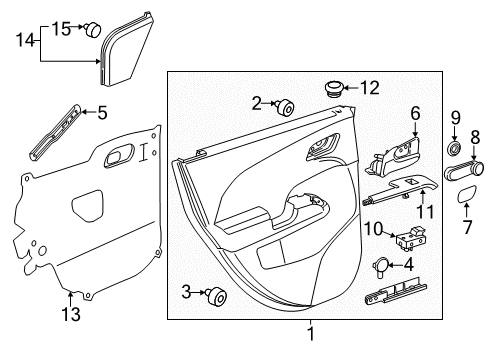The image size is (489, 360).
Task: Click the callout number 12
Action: coord(371,89)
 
